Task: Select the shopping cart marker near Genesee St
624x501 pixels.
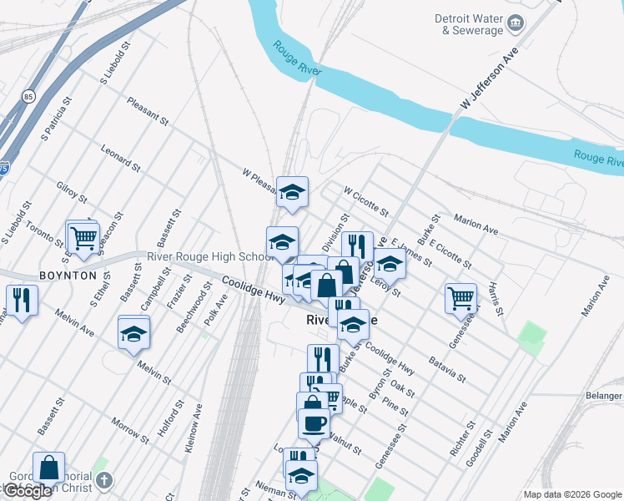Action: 460,297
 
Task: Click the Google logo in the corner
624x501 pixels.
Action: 27,491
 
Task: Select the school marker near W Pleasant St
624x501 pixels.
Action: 292,192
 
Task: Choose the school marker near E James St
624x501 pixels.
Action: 390,264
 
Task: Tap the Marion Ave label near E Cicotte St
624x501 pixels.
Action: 476,224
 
